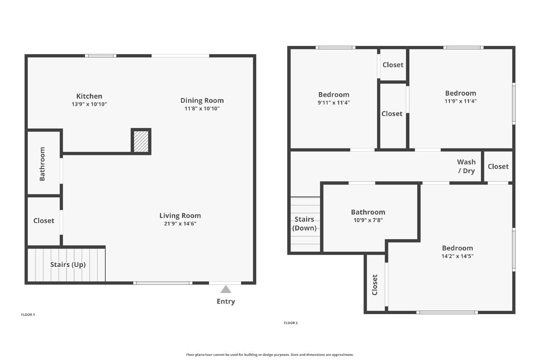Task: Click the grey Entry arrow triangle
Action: (x=226, y=289)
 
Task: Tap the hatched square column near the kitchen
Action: (x=141, y=141)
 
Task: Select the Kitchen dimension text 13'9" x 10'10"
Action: (x=89, y=104)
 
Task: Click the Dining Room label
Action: (x=202, y=100)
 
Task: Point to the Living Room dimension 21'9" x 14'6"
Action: (x=180, y=224)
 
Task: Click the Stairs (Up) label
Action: (x=68, y=265)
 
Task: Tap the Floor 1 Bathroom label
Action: (x=42, y=164)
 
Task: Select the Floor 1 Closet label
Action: (x=44, y=221)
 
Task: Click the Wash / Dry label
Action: (x=466, y=166)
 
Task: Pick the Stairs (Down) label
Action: (x=304, y=223)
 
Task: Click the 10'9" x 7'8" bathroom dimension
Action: (x=368, y=220)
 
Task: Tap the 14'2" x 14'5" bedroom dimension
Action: (x=457, y=256)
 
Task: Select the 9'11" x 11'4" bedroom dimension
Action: (x=333, y=103)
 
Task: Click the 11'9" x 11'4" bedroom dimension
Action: (x=460, y=101)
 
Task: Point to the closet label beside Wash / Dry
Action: (x=498, y=166)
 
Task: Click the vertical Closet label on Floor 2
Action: (x=375, y=284)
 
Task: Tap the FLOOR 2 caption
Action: (x=291, y=323)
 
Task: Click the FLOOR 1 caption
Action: (x=28, y=315)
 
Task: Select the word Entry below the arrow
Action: (x=226, y=301)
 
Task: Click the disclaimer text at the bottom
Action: (x=270, y=355)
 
